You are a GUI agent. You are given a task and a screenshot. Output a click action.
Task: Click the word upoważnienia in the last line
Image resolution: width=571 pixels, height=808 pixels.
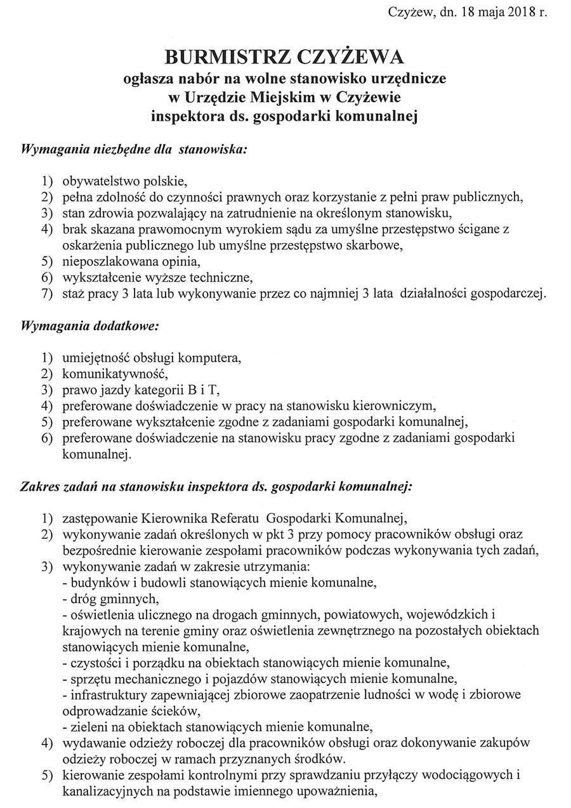[334, 791]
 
